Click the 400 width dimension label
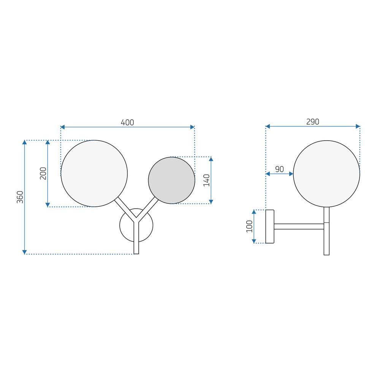127,122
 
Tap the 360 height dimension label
20,197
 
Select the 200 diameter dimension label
43,173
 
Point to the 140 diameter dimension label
206,180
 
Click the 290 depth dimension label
312,122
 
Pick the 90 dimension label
279,169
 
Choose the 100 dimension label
249,226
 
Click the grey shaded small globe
171,180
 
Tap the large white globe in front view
94,173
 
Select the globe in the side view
326,174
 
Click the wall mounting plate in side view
270,226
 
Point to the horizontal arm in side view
299,226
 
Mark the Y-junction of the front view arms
136,220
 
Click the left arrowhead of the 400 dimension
63,127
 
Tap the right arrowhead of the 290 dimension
358,126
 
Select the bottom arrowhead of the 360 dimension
25,252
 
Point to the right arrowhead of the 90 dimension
291,174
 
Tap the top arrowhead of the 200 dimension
47,142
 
